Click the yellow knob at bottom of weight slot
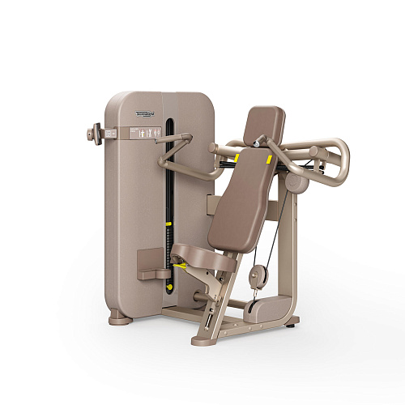(x=168, y=285)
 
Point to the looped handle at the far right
(x=340, y=158)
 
